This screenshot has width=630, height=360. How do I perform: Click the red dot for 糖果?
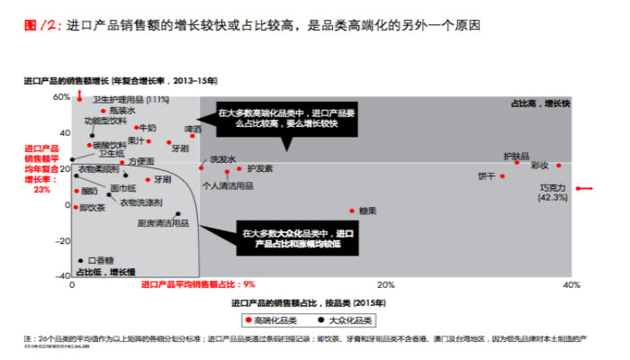[353, 211]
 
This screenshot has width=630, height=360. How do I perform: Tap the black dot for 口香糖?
[81, 261]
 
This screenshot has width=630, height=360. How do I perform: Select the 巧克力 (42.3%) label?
[552, 193]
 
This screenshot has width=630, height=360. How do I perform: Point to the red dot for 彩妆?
[559, 165]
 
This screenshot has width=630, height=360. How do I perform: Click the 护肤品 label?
[517, 153]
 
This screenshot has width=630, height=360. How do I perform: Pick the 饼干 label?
[487, 175]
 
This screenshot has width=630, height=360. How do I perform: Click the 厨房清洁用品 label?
[162, 222]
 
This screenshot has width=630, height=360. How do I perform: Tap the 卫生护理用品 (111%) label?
[131, 99]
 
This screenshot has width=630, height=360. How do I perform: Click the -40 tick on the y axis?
[62, 276]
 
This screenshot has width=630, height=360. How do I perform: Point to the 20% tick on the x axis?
[321, 285]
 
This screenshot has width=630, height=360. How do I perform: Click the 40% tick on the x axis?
[570, 285]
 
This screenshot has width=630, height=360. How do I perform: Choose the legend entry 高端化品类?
[273, 319]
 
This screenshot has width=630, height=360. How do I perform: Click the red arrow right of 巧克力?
[584, 188]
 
